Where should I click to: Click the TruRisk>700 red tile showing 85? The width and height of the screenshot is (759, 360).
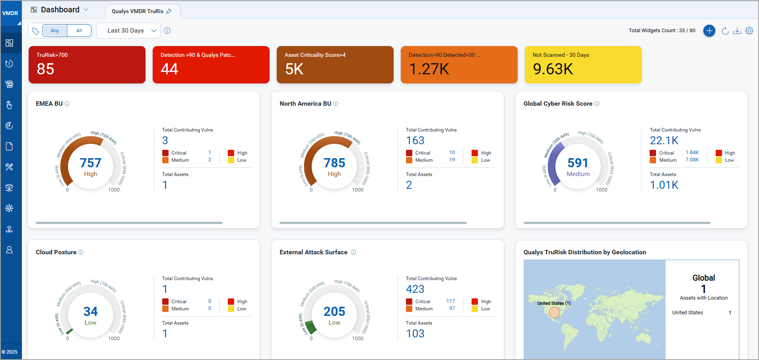tap(87, 65)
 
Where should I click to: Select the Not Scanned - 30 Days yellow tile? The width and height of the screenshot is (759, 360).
tap(583, 65)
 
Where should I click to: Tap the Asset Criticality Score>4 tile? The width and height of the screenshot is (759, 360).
tap(335, 65)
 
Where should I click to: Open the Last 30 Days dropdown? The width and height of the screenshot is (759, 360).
tap(128, 31)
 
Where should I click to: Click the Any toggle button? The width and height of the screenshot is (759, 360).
tap(55, 31)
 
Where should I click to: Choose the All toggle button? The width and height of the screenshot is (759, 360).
tap(79, 31)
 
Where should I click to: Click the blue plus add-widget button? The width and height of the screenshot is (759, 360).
tap(709, 31)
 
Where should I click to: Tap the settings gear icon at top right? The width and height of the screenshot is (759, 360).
tap(749, 31)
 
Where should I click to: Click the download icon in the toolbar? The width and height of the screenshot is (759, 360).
tap(737, 31)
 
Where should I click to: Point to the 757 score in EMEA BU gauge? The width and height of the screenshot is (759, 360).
tap(91, 163)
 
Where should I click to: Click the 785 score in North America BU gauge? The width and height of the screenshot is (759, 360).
tap(334, 163)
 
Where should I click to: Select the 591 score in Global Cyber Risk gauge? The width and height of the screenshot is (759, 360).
tap(578, 163)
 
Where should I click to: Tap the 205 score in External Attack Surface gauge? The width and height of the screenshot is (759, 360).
tap(334, 311)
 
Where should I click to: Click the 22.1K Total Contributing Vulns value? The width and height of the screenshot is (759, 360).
tap(664, 140)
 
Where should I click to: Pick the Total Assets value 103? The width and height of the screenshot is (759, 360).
tap(415, 333)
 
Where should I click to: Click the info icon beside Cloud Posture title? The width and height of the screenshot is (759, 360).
tap(81, 252)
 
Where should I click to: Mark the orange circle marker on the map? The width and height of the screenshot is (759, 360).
tap(554, 312)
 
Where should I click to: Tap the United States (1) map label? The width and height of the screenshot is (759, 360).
tap(554, 303)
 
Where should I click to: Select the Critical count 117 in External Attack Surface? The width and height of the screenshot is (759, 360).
tap(450, 301)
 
